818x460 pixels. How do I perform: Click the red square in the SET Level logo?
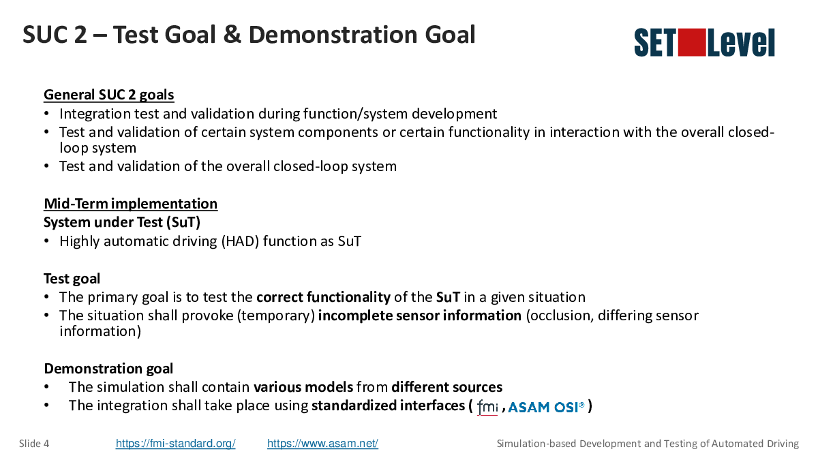click(x=692, y=42)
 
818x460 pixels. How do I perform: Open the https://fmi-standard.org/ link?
click(x=176, y=443)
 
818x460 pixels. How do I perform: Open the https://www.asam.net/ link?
click(x=323, y=443)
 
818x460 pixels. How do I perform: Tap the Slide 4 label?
click(x=34, y=444)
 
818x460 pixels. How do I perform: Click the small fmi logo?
click(x=487, y=407)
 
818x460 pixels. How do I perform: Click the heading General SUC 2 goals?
click(x=109, y=95)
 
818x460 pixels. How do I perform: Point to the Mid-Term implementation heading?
click(x=131, y=204)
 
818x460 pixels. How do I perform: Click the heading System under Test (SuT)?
click(x=122, y=222)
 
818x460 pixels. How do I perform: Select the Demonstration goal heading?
click(x=108, y=369)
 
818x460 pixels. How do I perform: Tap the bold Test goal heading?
click(x=72, y=279)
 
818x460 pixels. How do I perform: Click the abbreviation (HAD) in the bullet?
click(x=240, y=241)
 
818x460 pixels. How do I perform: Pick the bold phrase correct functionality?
click(x=324, y=297)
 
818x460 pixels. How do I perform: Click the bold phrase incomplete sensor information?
click(x=420, y=316)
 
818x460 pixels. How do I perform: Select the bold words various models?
click(x=303, y=387)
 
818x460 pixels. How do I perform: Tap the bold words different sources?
click(x=447, y=387)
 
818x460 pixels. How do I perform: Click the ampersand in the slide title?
click(x=232, y=35)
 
